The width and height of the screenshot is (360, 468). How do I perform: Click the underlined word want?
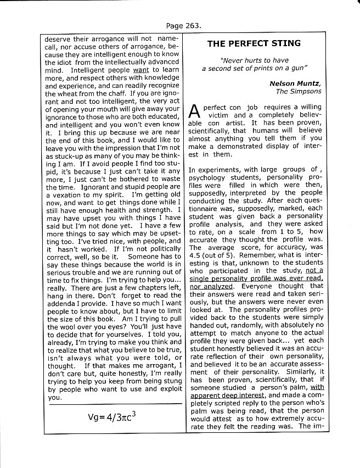(140, 71)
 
